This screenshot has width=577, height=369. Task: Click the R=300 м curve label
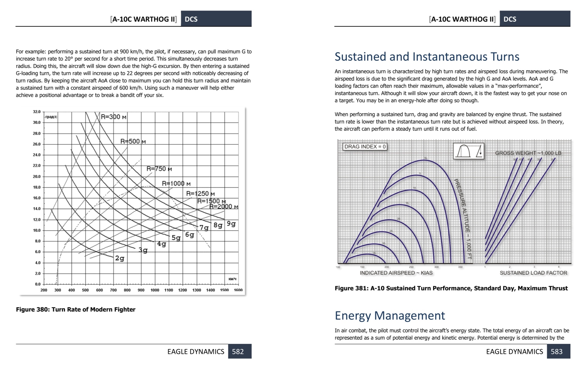click(114, 117)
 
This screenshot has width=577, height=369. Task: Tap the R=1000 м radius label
click(176, 184)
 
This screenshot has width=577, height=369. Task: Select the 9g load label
click(231, 224)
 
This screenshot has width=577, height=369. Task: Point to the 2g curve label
click(120, 259)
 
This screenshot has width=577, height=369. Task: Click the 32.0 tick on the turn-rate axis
click(37, 112)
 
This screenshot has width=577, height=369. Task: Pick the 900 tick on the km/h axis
click(141, 290)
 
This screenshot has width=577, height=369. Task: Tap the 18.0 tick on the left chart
click(37, 187)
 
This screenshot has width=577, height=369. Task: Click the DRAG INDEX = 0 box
click(365, 147)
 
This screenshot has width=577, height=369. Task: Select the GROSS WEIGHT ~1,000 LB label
click(528, 153)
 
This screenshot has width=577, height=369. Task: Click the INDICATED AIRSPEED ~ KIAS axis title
click(396, 273)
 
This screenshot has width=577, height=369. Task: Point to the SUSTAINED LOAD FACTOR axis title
click(533, 273)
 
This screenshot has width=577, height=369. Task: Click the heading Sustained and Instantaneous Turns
click(427, 57)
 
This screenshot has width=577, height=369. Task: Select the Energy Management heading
click(390, 315)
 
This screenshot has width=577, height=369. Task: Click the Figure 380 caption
click(75, 309)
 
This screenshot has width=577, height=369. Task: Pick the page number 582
click(238, 352)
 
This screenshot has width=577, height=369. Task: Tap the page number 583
click(557, 352)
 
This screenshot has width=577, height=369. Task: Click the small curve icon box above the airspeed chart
click(469, 151)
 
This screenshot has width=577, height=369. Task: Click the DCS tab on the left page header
click(191, 19)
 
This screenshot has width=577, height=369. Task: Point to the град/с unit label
click(51, 117)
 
